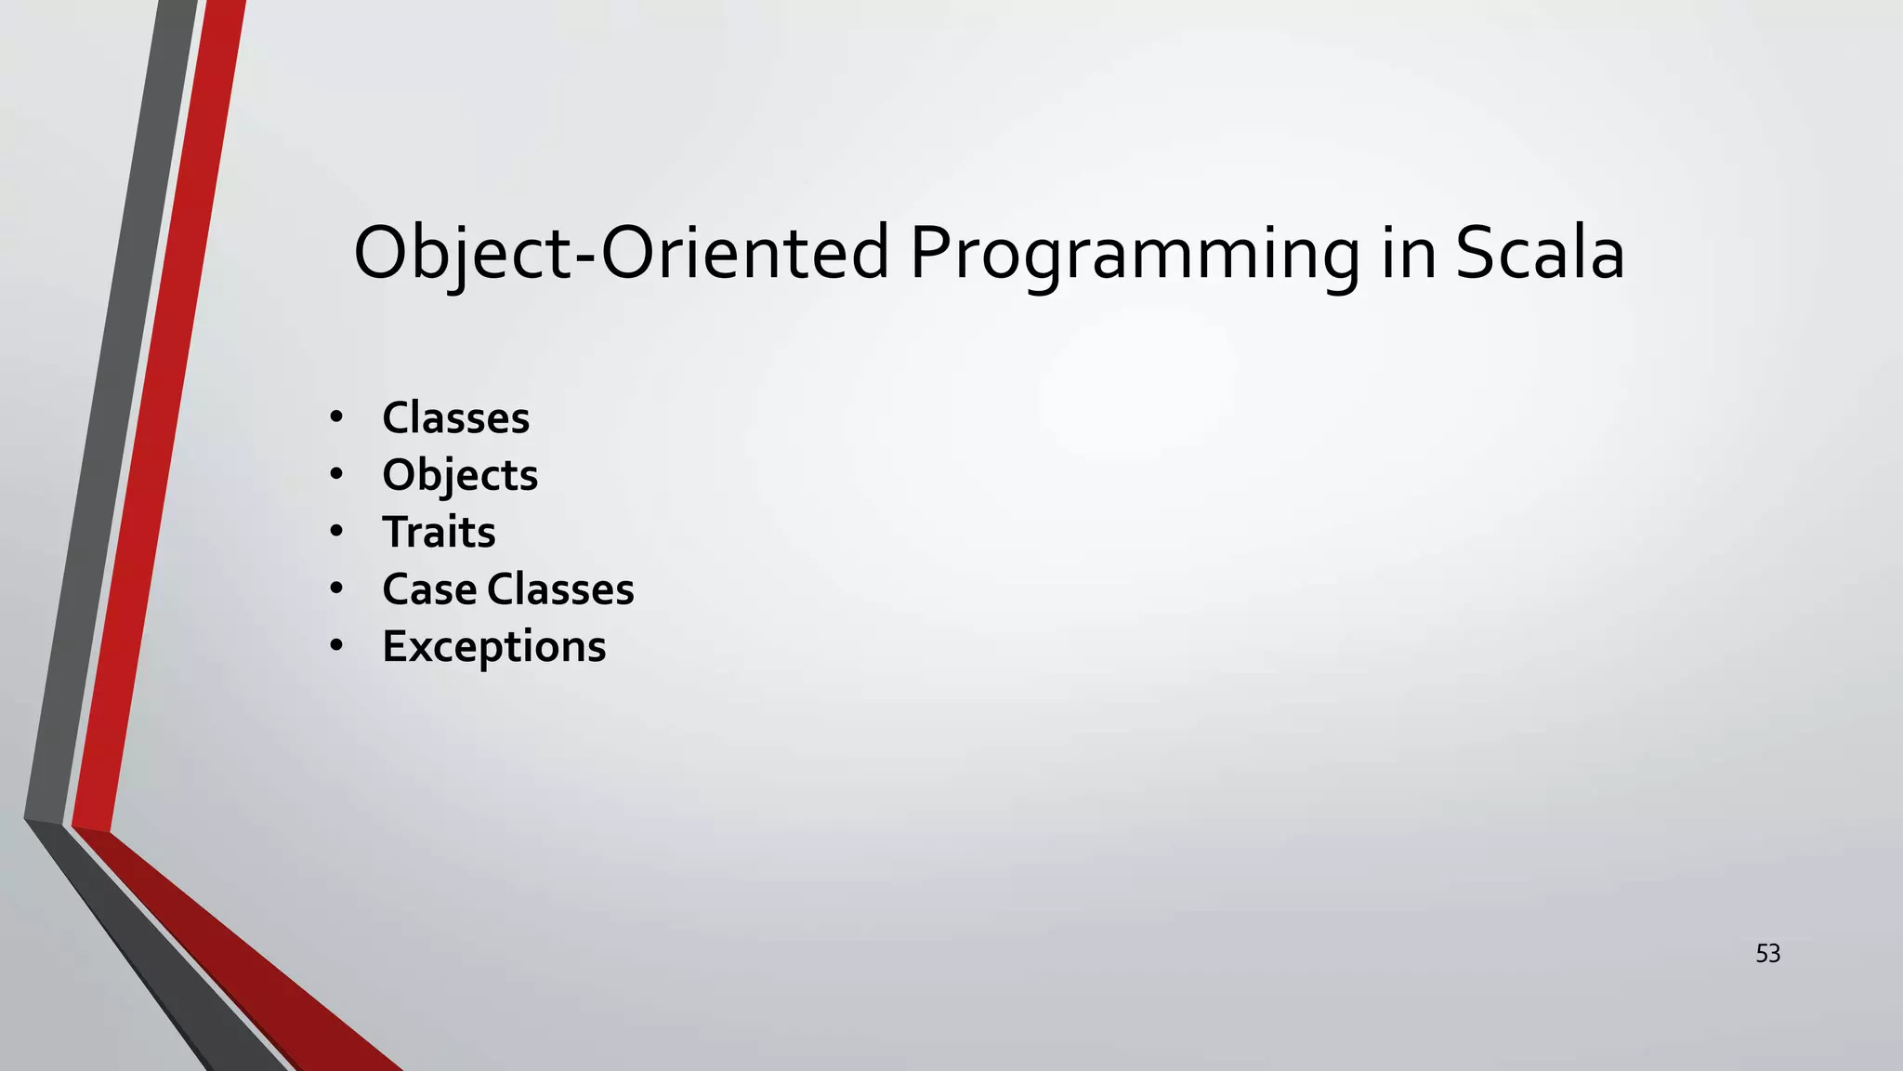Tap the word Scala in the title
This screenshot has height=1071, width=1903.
[1540, 253]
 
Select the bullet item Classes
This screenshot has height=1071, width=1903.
[455, 418]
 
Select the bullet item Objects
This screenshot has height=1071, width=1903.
[460, 475]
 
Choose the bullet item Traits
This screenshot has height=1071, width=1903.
[439, 533]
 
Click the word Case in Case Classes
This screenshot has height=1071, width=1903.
[428, 589]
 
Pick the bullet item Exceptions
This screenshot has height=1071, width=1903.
[493, 646]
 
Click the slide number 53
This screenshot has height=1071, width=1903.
[1767, 954]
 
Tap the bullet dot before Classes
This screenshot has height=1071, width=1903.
[336, 417]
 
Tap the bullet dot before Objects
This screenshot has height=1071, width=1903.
[336, 474]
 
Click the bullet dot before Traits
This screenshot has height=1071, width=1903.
[336, 532]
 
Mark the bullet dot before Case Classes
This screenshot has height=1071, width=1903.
[336, 588]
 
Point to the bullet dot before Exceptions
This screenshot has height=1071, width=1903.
[336, 645]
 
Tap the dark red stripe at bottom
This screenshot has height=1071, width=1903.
[260, 976]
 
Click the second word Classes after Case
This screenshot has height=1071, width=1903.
[560, 589]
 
